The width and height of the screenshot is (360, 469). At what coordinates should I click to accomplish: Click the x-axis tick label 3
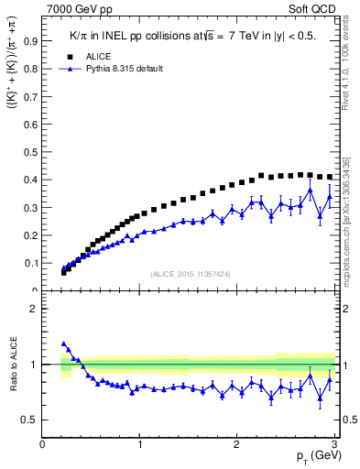[x=334, y=444]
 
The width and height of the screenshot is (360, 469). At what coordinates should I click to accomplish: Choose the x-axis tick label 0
[x=42, y=444]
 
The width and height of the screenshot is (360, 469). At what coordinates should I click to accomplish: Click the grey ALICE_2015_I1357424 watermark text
[x=191, y=274]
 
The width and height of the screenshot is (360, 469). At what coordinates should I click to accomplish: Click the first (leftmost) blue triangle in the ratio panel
[x=63, y=344]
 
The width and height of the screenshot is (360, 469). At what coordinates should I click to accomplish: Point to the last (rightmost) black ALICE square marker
[x=330, y=177]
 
